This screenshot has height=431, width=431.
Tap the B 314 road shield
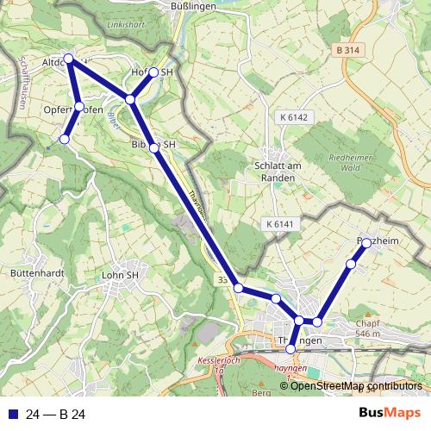[x=347, y=51]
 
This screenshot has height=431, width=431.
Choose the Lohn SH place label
[x=120, y=276]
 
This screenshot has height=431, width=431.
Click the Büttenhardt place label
[x=33, y=273]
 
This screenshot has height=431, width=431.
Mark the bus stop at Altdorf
[x=69, y=59]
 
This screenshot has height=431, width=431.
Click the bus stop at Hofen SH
[x=154, y=72]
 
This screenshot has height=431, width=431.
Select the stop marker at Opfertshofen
[x=79, y=107]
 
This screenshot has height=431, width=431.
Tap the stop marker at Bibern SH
[x=154, y=148]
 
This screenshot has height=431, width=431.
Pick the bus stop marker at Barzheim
[x=365, y=244]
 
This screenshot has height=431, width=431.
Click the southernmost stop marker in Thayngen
[x=291, y=348]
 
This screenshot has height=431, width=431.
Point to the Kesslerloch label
[x=218, y=360]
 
